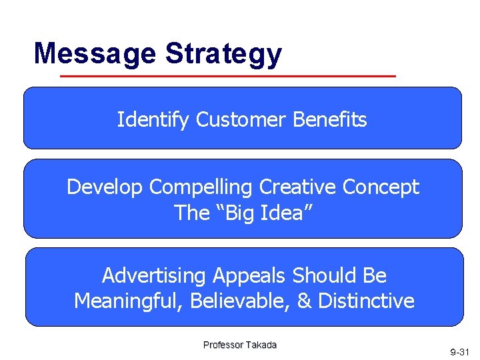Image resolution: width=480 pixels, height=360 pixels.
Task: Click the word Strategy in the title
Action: click(223, 53)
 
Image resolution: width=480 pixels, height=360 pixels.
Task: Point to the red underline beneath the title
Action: click(228, 76)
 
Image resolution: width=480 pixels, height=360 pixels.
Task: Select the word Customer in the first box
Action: click(241, 120)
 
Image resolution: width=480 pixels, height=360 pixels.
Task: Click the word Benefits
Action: click(330, 120)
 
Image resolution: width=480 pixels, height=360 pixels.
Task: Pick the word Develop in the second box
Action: click(105, 187)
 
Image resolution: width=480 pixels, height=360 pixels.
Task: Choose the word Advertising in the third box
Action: click(155, 275)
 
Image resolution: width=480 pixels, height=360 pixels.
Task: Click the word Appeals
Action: click(250, 275)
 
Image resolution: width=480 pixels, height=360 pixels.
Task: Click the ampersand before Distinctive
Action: click(304, 301)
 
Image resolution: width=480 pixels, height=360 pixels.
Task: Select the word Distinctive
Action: click(366, 301)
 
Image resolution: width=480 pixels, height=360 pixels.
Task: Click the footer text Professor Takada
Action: click(240, 345)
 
